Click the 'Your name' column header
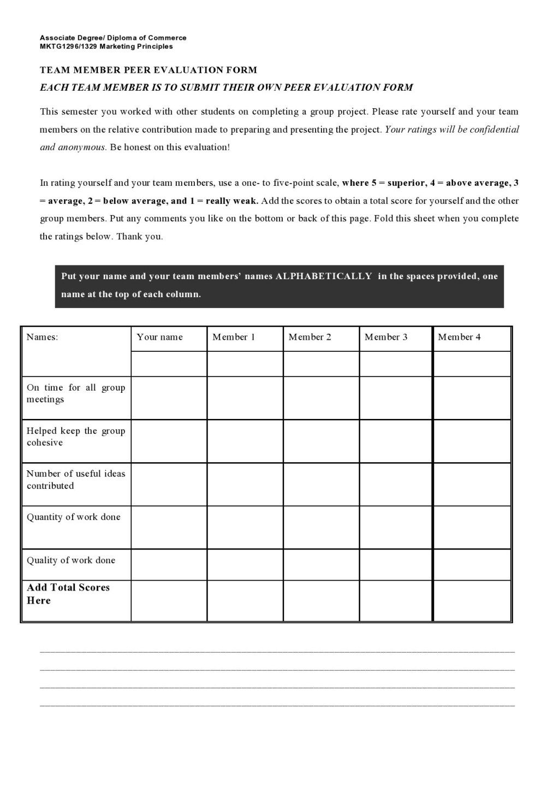159,337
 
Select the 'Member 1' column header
234,337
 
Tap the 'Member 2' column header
310,337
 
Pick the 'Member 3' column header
386,337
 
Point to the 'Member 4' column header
459,337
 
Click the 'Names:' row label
42,337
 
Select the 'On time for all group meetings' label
76,393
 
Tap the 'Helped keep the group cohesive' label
76,436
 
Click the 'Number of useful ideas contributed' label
76,480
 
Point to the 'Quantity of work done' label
74,517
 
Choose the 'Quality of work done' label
71,560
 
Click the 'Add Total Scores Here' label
68,594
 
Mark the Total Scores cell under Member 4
472,600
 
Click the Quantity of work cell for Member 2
321,527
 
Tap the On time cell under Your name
169,398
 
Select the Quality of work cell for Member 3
396,564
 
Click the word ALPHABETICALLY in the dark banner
324,276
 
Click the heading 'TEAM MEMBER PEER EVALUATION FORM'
148,70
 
